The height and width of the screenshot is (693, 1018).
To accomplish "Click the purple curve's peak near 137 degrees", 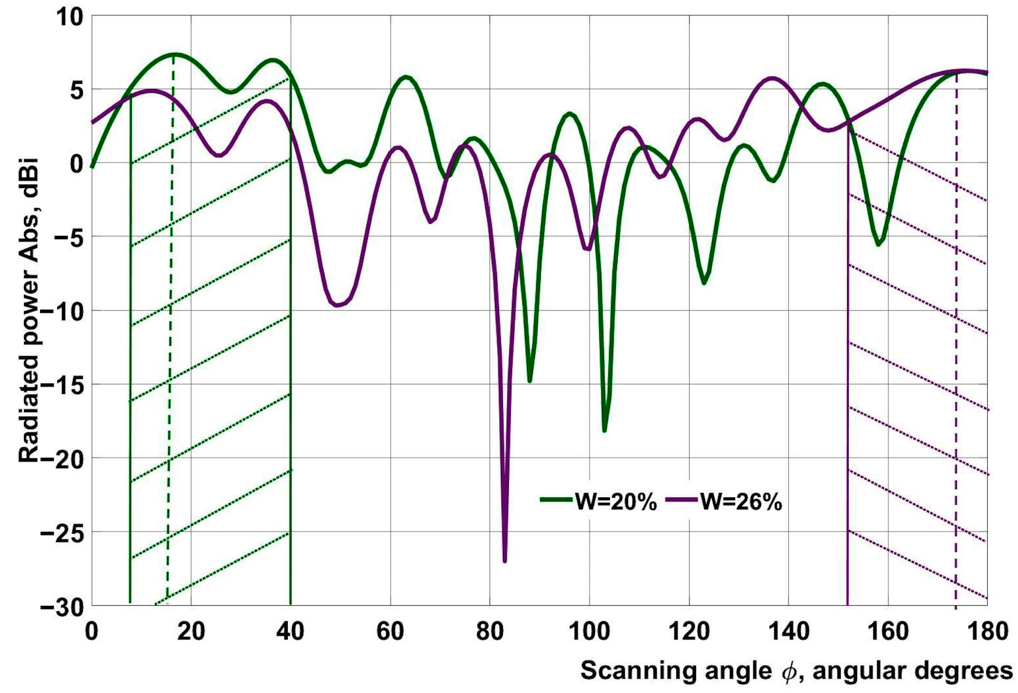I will coord(772,79).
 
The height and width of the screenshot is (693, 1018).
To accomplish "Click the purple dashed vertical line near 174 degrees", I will coord(956,350).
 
